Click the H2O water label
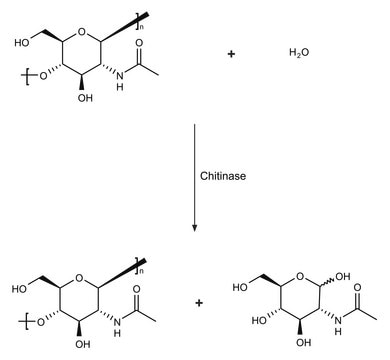coord(299,53)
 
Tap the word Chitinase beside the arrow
coord(223,176)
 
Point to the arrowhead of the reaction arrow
coord(195,228)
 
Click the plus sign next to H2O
coord(231,54)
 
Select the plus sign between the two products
coord(199,303)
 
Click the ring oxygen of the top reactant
coord(81,32)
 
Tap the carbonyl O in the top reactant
coord(139,43)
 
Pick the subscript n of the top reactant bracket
coord(142,27)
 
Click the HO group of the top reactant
coord(22,43)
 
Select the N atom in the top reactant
coord(120,76)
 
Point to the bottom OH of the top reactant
coord(85,98)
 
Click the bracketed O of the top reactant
coord(43,76)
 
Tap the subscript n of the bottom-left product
coord(141,271)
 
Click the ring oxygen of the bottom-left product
coord(78,278)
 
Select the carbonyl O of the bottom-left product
coord(136,289)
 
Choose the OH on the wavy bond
coord(343,276)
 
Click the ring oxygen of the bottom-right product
coord(301,276)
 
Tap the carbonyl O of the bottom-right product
coord(358,287)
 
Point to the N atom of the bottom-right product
coord(339,320)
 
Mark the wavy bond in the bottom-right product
coord(328,279)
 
